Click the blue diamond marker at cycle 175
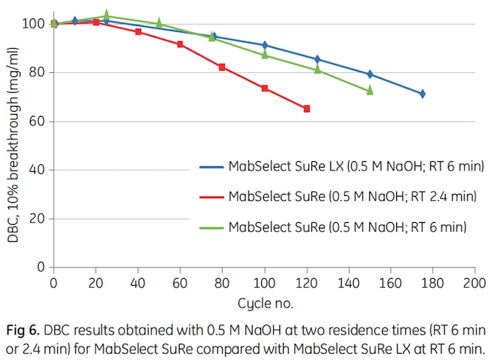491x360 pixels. pos(422,93)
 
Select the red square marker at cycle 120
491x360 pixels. pos(306,109)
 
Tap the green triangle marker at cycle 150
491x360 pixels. pos(369,91)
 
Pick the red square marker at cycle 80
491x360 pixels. pos(222,67)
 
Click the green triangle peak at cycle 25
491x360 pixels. pos(106,16)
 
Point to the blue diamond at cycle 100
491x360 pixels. pos(265,45)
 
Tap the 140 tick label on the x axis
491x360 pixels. pos(348,282)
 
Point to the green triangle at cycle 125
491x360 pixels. pos(317,69)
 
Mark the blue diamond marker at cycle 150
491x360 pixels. pos(369,74)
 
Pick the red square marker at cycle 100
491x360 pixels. pos(265,88)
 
